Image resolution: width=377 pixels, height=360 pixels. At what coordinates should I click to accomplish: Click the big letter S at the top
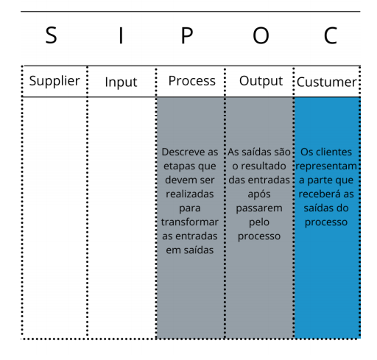click(52, 35)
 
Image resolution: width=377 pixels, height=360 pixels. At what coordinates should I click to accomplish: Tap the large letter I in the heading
click(121, 35)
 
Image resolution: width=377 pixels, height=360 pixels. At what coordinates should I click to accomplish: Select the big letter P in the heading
click(187, 35)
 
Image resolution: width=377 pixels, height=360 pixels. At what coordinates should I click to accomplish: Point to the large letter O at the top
click(261, 35)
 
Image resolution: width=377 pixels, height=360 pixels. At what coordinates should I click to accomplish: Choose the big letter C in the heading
click(331, 35)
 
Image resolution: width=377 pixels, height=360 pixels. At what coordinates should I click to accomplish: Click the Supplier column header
click(54, 81)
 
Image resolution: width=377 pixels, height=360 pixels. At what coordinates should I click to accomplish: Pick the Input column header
click(121, 82)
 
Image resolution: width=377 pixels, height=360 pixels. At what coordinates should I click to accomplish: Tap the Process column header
click(191, 81)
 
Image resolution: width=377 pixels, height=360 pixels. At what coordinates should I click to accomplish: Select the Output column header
click(261, 81)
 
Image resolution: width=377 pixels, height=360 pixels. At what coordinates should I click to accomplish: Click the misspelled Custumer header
click(326, 82)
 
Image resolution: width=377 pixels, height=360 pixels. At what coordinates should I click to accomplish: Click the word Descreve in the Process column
click(180, 152)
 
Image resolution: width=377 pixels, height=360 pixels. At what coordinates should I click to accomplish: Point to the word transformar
click(189, 222)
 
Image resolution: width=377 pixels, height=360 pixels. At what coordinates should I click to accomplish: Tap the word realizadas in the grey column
click(190, 194)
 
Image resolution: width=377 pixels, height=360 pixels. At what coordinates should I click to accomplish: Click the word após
click(259, 194)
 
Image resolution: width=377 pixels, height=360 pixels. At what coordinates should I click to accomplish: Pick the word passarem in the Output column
click(259, 208)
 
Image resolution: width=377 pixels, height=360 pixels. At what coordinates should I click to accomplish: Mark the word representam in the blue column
click(326, 166)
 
